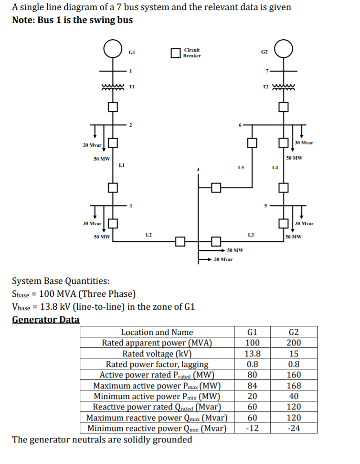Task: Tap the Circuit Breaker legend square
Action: pos(175,53)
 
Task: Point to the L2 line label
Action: pos(148,234)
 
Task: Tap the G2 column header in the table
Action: pos(295,332)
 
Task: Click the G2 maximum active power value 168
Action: pos(295,386)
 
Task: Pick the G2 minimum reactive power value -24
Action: pos(295,428)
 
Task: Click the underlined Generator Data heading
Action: pos(45,319)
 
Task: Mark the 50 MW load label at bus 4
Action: pos(235,250)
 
